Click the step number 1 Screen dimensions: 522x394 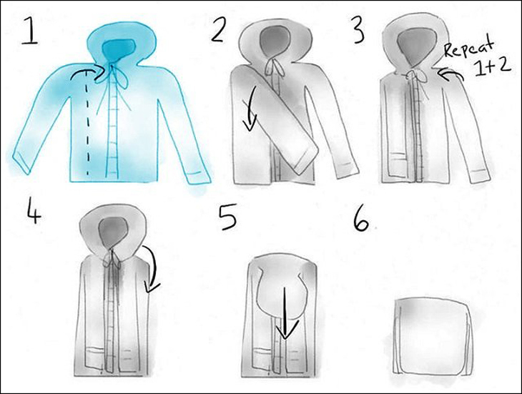coord(30,31)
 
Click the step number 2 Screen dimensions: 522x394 coord(218,30)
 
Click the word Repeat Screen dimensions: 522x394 coord(469,48)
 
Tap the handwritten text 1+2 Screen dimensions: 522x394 coord(492,67)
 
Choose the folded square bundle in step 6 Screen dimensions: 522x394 coord(432,336)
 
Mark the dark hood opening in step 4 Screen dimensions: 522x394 coord(112,233)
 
